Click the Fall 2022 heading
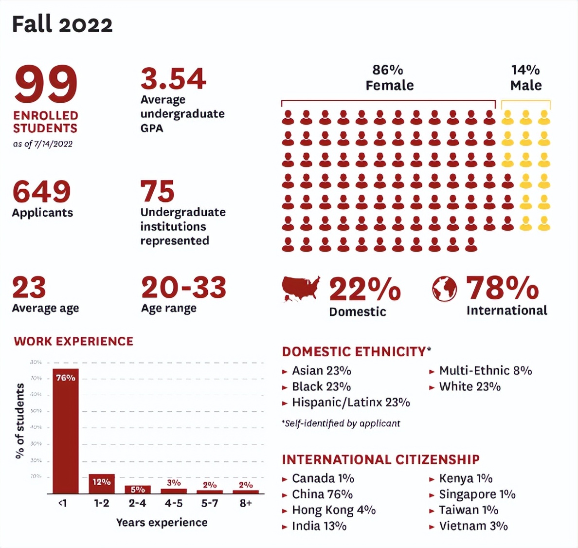62,24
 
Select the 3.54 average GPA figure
173,79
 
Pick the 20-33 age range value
183,288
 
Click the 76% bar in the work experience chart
65,431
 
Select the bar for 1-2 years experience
101,484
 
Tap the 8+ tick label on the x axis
246,503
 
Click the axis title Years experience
162,522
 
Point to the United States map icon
301,289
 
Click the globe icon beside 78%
444,289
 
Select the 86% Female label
389,78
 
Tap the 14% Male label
525,78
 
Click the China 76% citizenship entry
322,494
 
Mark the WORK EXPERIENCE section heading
73,341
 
